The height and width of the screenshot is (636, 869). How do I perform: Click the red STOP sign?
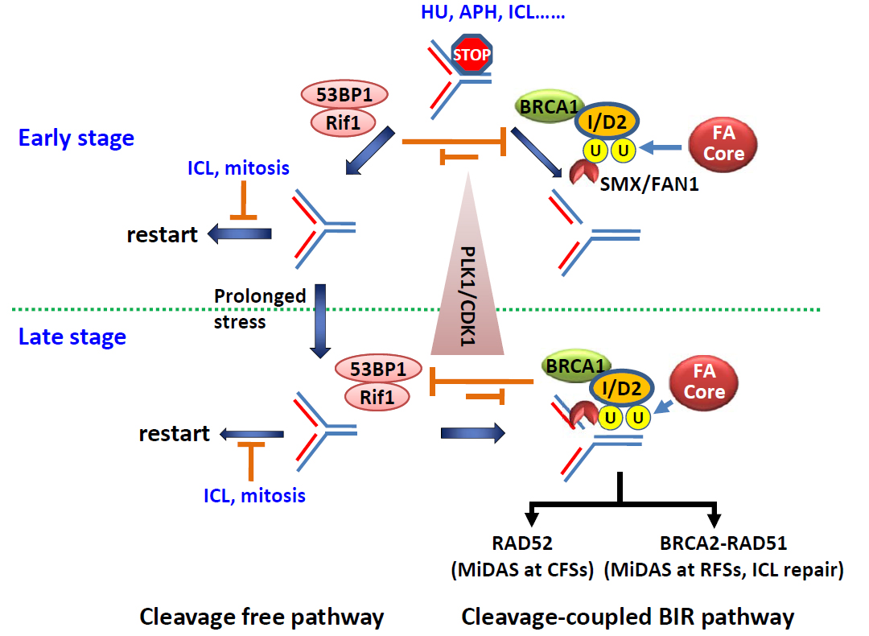pos(471,54)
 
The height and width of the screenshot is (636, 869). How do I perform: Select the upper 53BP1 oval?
pos(344,94)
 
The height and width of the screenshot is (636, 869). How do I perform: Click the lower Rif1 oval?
pos(377,397)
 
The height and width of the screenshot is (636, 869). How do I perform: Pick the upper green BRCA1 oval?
pos(547,106)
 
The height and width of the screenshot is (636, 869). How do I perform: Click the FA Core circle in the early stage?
pos(723,143)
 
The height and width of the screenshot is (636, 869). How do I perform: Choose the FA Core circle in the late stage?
pos(704,382)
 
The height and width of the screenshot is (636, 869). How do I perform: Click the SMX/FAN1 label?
pos(649,184)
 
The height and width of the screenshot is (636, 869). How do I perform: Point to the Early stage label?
pos(76,138)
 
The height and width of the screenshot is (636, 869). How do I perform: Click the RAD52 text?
pos(522,543)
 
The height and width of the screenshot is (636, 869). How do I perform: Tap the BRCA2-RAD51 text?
pos(723,543)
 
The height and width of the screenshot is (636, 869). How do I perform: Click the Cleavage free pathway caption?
pos(262,617)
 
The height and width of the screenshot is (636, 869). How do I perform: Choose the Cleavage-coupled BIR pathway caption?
pos(628,617)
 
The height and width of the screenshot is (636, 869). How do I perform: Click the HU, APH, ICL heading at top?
pos(492,12)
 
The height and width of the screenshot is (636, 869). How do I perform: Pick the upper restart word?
pos(162,234)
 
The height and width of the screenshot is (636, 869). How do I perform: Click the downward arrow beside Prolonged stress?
pos(320,321)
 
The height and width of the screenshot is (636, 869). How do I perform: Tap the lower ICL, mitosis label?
pos(254,495)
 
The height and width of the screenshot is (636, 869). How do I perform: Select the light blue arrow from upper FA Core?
pos(660,147)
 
